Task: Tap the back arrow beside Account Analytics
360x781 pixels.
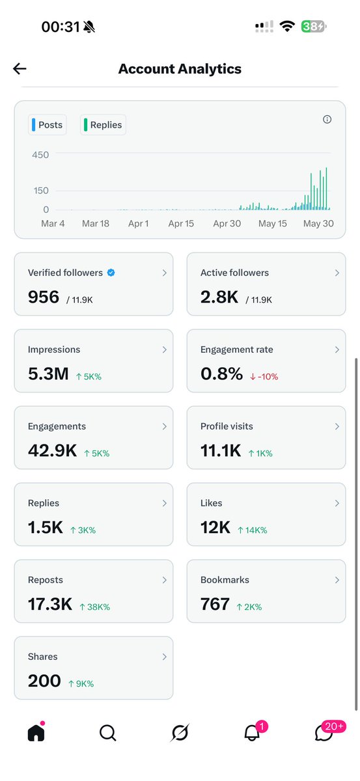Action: click(20, 69)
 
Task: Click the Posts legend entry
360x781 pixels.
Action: click(47, 125)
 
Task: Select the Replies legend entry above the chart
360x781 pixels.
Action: click(103, 125)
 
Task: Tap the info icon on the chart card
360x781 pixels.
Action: click(327, 120)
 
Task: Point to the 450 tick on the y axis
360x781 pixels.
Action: click(40, 155)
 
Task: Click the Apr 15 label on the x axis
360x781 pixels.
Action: click(181, 223)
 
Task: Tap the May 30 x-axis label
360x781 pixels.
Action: click(318, 223)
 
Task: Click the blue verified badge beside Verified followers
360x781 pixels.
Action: click(111, 273)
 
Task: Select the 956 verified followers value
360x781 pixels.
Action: click(44, 297)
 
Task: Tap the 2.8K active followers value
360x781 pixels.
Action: click(219, 297)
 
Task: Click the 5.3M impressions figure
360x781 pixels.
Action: click(48, 374)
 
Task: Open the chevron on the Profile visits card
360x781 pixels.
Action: click(337, 426)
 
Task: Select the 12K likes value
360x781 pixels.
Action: click(215, 527)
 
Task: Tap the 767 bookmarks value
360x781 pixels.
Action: click(215, 604)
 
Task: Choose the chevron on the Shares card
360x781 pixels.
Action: click(164, 657)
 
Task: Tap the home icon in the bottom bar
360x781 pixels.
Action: click(36, 732)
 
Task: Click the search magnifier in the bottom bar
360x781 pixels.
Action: click(108, 733)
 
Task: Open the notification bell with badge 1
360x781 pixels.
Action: click(253, 732)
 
